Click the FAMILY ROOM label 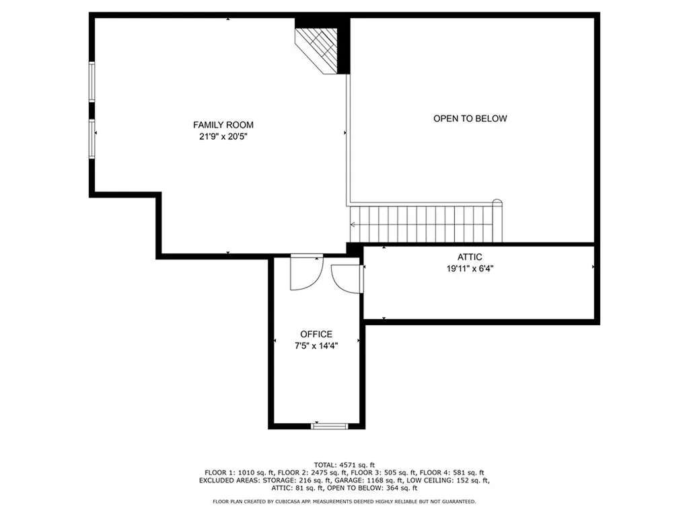click(x=223, y=125)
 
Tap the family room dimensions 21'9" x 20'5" click(x=223, y=136)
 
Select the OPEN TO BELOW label click(x=470, y=119)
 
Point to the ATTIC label click(x=470, y=257)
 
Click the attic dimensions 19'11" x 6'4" click(x=470, y=268)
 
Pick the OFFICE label click(x=316, y=335)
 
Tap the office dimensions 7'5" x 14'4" click(x=316, y=345)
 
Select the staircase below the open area click(x=425, y=224)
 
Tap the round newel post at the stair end click(x=497, y=202)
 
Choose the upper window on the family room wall click(x=92, y=81)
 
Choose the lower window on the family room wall click(x=92, y=139)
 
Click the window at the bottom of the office click(x=330, y=426)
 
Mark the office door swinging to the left click(x=305, y=274)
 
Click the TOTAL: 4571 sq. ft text click(x=344, y=464)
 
